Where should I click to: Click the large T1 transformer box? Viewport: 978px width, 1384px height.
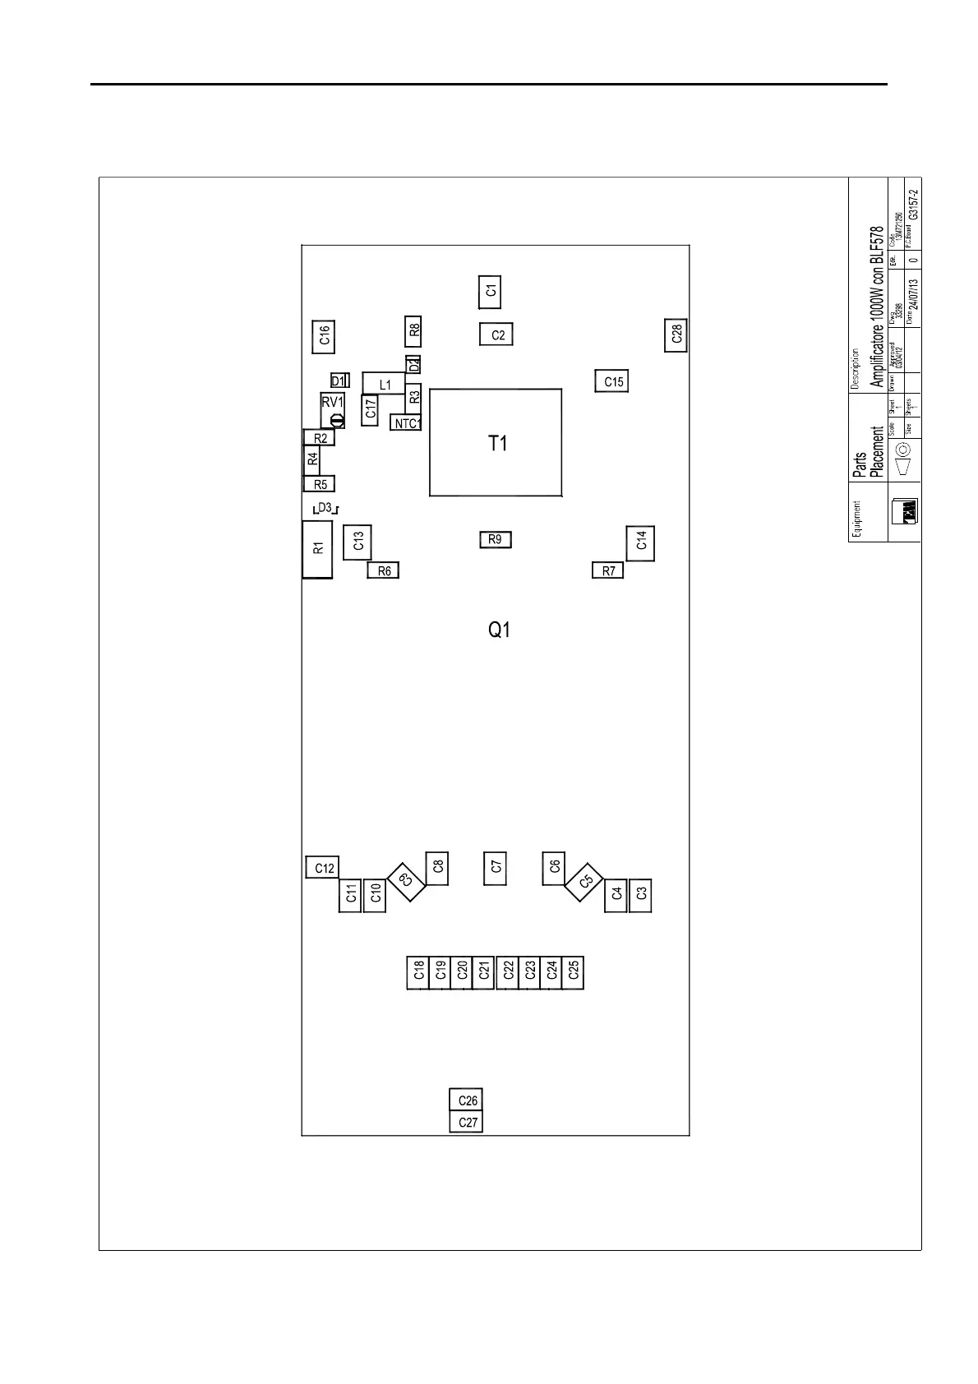(x=496, y=443)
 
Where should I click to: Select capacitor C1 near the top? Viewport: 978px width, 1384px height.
(x=490, y=291)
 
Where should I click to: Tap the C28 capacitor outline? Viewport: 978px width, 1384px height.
(x=676, y=334)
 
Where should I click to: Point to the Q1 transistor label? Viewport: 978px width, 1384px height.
(x=500, y=630)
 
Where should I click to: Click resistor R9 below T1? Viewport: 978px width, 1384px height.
(x=495, y=540)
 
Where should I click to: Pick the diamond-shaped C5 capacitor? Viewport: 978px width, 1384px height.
(x=584, y=882)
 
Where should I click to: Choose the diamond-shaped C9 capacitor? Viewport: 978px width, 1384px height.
(x=405, y=881)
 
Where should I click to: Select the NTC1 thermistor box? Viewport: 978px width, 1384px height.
(x=406, y=424)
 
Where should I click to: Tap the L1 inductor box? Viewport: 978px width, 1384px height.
(x=385, y=385)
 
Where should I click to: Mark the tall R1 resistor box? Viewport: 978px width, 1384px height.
(x=317, y=549)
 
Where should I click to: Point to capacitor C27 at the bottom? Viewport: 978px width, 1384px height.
(x=467, y=1123)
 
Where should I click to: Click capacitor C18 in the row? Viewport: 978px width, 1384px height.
(x=418, y=971)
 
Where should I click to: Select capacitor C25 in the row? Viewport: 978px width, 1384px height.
(x=573, y=971)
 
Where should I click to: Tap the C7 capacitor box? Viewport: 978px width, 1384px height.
(x=495, y=867)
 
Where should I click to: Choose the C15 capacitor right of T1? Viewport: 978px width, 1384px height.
(x=612, y=381)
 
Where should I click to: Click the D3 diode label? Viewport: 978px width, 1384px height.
(x=325, y=509)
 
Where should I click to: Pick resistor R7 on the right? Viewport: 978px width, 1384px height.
(x=608, y=570)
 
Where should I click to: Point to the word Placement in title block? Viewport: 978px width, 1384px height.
(x=877, y=451)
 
